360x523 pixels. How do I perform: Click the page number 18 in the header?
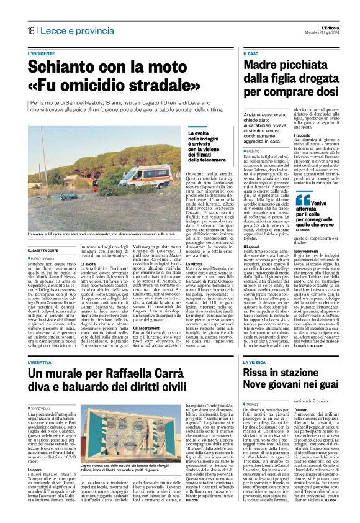pos(30,30)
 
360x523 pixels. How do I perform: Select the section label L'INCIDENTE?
pos(41,53)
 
